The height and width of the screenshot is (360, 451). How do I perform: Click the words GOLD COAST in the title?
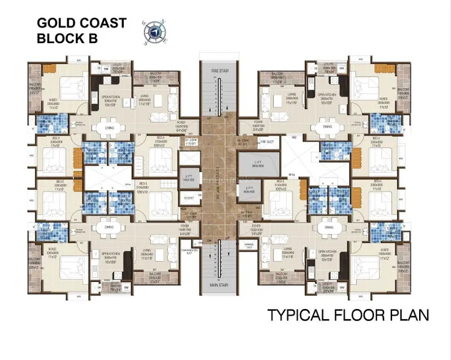tap(82, 23)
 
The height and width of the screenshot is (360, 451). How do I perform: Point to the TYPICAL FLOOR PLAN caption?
tap(348, 314)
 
